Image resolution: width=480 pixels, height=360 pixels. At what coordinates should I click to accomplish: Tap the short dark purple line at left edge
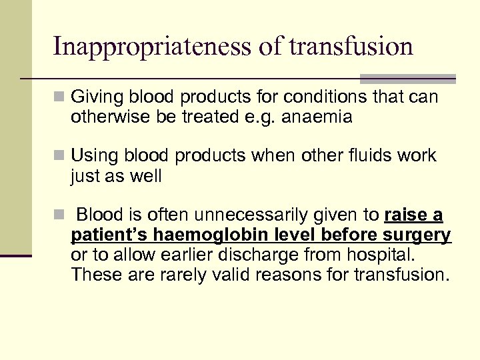(15, 255)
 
